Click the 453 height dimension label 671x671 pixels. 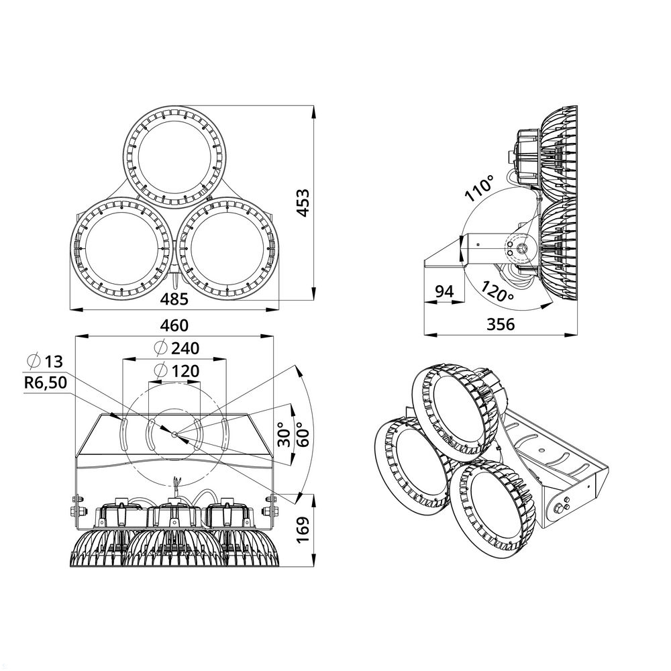[x=303, y=203]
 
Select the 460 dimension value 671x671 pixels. [x=174, y=325]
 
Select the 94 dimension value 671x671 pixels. [x=444, y=292]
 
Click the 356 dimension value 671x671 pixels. [x=501, y=325]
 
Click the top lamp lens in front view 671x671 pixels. [x=174, y=156]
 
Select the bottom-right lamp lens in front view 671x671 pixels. [x=228, y=248]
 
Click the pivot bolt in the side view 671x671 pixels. [x=520, y=248]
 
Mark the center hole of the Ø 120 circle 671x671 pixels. [x=174, y=434]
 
